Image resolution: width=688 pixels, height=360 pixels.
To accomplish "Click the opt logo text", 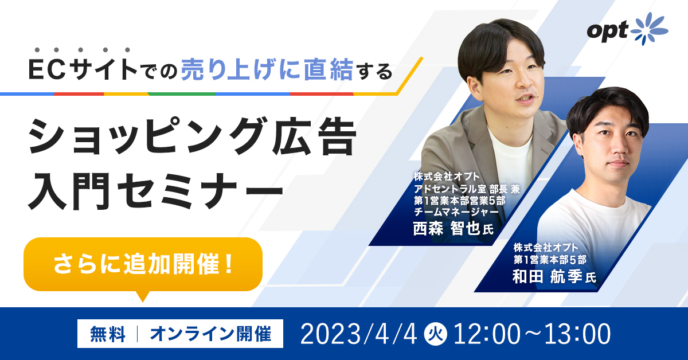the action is (x=607, y=32).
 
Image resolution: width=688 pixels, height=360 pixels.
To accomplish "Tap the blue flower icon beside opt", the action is (x=649, y=29).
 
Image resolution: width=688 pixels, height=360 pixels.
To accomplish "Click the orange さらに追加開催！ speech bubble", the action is (x=143, y=265).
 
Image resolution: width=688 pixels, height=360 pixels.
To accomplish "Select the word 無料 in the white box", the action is (x=108, y=334).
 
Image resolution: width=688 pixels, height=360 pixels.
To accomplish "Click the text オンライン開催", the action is (x=210, y=334).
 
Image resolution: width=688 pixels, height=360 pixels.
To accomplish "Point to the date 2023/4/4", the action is (x=358, y=334).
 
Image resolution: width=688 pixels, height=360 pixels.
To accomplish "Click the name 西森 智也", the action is (x=447, y=228).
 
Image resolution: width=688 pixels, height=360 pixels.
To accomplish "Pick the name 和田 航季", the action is (x=548, y=276).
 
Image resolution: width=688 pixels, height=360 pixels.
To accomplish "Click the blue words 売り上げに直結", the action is (x=267, y=71).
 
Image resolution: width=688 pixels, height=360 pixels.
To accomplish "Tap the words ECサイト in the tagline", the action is (x=83, y=70).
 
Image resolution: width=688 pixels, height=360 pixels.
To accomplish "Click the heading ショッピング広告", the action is (x=192, y=136).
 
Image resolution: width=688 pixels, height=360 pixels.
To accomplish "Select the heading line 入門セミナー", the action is (x=155, y=191).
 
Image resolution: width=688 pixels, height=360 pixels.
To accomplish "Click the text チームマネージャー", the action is (x=456, y=212).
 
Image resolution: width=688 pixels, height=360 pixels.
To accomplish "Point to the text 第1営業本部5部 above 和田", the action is (x=550, y=260).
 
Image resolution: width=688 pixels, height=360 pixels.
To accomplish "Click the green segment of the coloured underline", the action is (x=182, y=93).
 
